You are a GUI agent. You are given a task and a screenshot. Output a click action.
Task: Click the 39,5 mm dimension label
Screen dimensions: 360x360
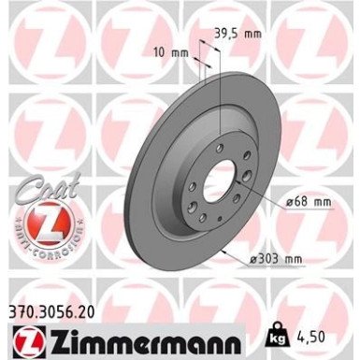(x=237, y=34)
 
